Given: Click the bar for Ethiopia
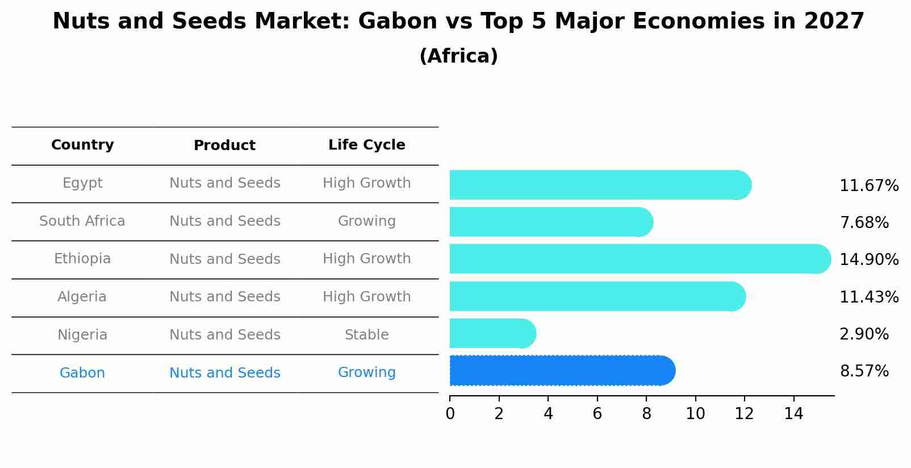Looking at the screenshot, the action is click(x=640, y=259).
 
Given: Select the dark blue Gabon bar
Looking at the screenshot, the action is click(x=562, y=371).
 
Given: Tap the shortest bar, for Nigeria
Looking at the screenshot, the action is click(x=493, y=334).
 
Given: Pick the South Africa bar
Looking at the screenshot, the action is click(x=551, y=222).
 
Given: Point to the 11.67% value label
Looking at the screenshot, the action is click(x=869, y=186).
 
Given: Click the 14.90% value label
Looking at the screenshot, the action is click(x=869, y=259).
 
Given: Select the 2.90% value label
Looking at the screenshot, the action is click(x=864, y=334).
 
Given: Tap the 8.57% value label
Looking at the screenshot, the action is click(x=864, y=371).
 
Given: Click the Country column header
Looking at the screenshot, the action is click(x=82, y=145).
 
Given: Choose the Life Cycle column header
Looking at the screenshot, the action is click(x=367, y=145).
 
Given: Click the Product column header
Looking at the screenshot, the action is click(x=224, y=146).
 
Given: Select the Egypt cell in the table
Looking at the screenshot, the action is click(x=82, y=183).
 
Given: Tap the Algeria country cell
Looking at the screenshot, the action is click(x=82, y=296).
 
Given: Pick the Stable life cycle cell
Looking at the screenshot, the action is click(x=367, y=335).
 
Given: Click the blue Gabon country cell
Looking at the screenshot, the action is click(x=82, y=372).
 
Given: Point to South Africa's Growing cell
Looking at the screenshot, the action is click(x=367, y=221).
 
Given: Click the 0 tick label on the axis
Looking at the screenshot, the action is click(x=450, y=413).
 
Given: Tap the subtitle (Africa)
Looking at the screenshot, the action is click(x=459, y=56).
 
